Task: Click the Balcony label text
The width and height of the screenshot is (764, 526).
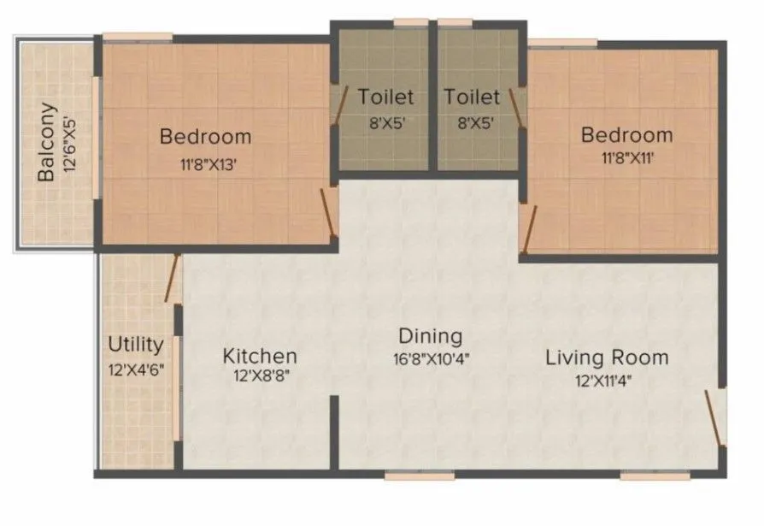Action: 47,142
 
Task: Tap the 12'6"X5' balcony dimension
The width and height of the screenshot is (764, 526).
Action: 69,142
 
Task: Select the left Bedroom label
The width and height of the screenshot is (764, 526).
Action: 206,136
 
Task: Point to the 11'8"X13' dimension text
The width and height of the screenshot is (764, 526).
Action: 206,166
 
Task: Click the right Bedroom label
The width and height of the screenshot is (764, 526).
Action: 626,134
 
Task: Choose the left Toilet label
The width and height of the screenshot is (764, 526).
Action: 385,97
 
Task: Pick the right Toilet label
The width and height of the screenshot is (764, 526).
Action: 471,97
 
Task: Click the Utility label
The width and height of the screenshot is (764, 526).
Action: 135,345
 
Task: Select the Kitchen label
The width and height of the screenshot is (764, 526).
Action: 260,356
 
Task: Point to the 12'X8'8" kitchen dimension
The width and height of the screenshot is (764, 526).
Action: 260,377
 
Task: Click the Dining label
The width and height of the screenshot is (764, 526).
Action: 430,336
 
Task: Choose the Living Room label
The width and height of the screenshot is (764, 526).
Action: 607,357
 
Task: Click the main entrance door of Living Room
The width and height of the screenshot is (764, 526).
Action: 715,419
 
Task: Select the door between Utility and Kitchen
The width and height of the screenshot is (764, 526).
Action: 173,279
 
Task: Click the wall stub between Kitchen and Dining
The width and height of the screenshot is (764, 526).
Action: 335,432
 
